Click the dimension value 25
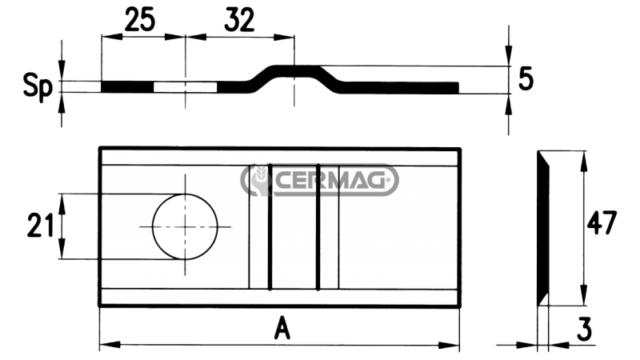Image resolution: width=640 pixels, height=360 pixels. (140, 19)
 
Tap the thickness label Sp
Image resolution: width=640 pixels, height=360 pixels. (36, 86)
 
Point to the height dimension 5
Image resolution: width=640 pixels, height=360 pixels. (525, 79)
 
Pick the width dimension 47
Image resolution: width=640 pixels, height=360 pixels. (603, 223)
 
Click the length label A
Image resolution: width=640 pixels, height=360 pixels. (280, 327)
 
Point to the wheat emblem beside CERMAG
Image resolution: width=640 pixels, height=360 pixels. (258, 181)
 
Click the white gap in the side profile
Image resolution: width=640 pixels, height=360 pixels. (185, 86)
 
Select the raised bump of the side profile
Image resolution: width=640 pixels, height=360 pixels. (294, 71)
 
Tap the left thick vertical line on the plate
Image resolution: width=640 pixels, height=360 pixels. (270, 226)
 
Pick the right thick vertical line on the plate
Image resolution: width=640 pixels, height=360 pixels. (318, 226)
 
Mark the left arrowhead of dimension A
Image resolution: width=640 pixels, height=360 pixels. (105, 345)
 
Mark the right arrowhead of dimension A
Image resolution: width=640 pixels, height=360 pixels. (454, 345)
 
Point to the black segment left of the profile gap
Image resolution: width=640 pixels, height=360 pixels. (127, 86)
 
